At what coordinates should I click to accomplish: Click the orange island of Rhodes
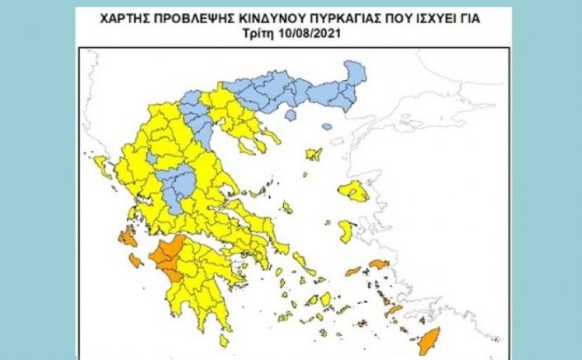coord(430,339)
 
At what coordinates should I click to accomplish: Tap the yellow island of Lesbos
coord(355,192)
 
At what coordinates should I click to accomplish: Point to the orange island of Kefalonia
coord(127,239)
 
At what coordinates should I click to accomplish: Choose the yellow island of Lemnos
coord(314,154)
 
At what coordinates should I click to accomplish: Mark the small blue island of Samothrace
coord(327,127)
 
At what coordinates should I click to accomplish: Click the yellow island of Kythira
coord(224,339)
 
